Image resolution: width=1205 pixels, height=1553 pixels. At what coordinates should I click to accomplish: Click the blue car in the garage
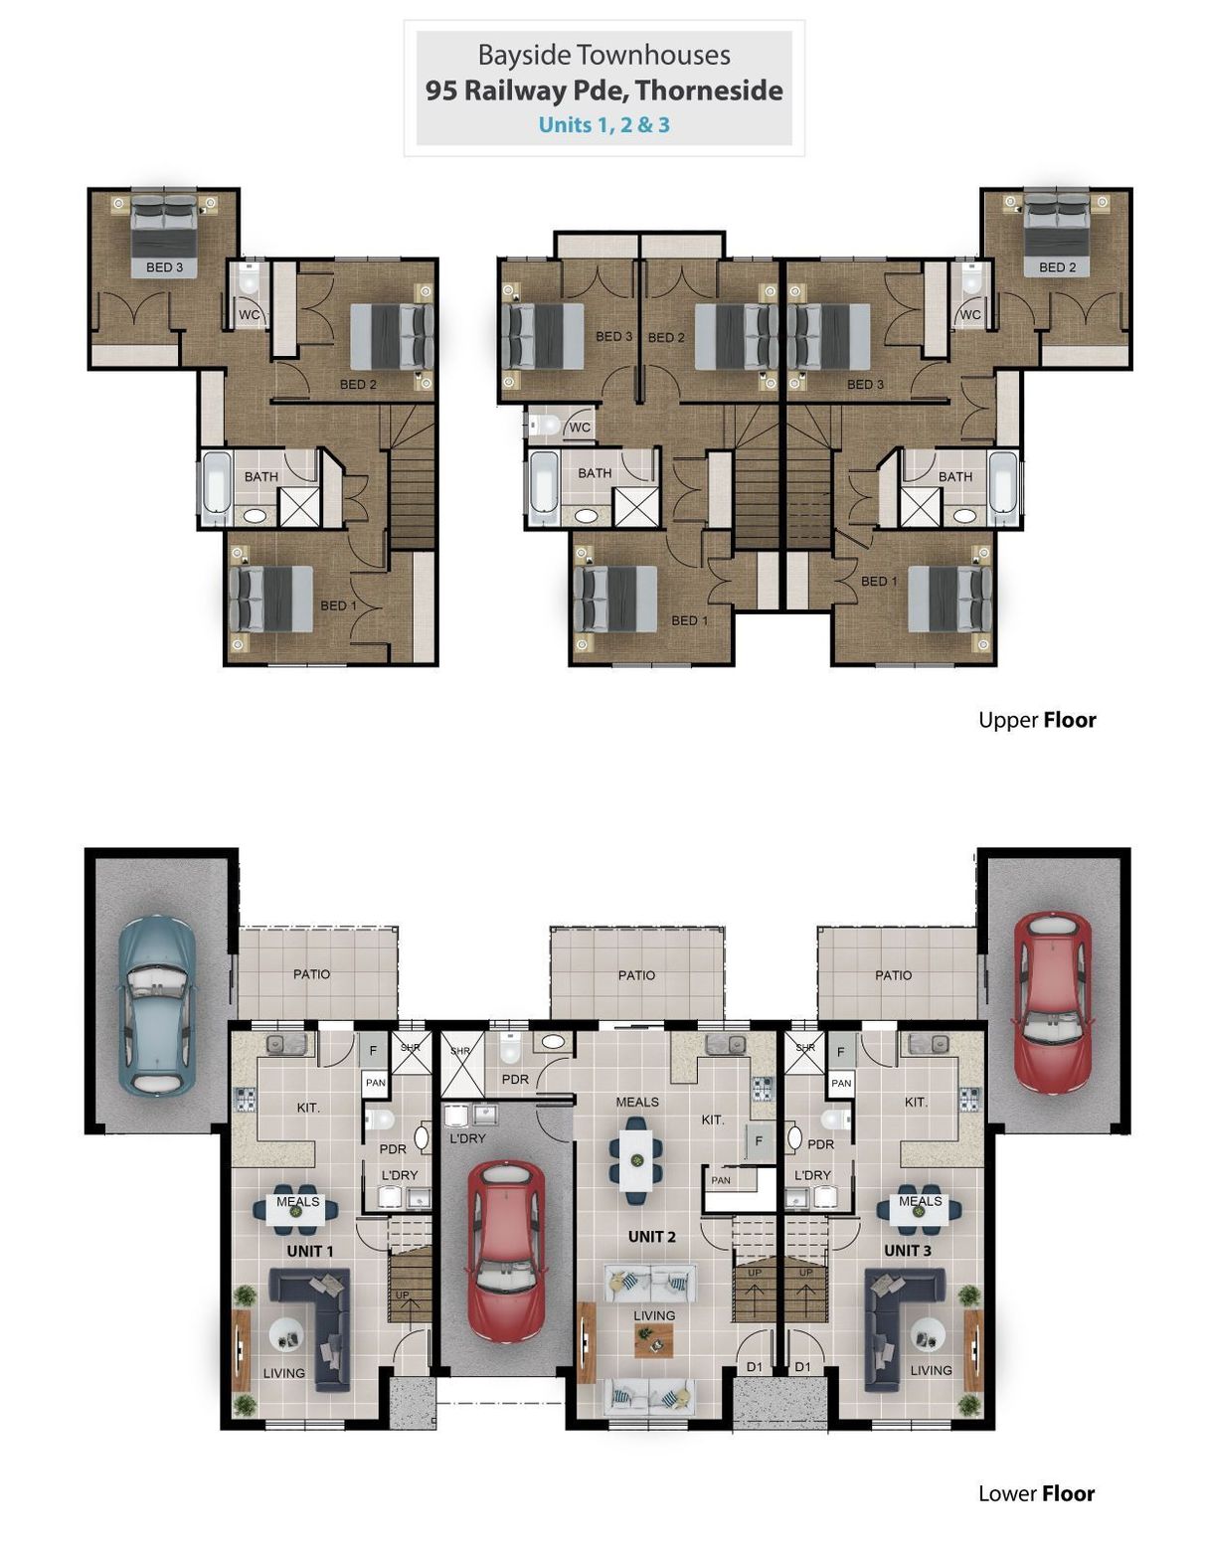(156, 1005)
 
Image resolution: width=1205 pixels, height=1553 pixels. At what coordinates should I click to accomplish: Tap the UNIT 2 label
(651, 1236)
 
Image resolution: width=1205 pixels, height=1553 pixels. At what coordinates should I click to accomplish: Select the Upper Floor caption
(1036, 720)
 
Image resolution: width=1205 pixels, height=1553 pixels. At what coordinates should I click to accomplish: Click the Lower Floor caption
(1036, 1493)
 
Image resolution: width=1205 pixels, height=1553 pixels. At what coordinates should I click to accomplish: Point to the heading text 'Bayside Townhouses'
(603, 55)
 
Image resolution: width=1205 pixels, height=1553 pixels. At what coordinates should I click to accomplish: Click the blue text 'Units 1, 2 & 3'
(603, 124)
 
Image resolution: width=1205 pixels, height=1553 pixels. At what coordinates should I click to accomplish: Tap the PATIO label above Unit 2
(636, 974)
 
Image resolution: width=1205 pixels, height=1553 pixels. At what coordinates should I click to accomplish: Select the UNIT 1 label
(309, 1251)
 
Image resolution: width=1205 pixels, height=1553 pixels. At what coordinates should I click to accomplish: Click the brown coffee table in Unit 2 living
(653, 1340)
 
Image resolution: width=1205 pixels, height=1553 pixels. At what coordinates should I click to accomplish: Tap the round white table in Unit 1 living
(288, 1333)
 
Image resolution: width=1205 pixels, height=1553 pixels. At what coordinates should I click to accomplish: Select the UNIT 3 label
(907, 1250)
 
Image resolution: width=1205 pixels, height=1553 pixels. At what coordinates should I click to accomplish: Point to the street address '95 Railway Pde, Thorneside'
(603, 90)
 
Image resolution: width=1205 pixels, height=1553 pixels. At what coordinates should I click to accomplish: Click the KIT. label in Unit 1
(308, 1108)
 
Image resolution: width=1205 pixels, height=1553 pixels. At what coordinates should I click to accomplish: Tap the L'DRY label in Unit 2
(467, 1138)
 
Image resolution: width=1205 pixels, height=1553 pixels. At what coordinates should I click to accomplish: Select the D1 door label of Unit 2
(754, 1366)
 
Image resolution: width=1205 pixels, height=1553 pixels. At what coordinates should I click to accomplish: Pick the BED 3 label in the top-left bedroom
(164, 267)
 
